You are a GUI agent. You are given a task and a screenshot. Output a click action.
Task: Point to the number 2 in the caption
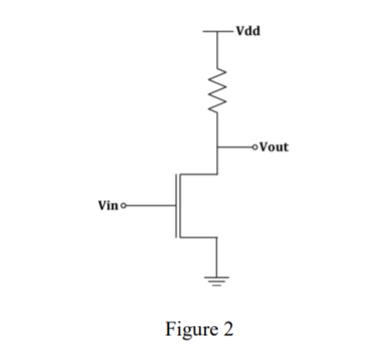click(228, 329)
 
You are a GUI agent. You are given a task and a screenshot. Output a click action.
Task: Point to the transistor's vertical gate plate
click(175, 206)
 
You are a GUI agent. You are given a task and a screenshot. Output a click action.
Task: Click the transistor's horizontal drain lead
click(199, 175)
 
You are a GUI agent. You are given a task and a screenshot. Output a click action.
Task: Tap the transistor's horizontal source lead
click(199, 237)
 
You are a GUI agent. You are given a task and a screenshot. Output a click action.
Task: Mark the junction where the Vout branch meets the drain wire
click(218, 146)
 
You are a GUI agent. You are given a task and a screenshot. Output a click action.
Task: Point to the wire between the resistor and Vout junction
click(218, 132)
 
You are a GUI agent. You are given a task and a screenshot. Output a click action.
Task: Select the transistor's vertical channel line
click(180, 206)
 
